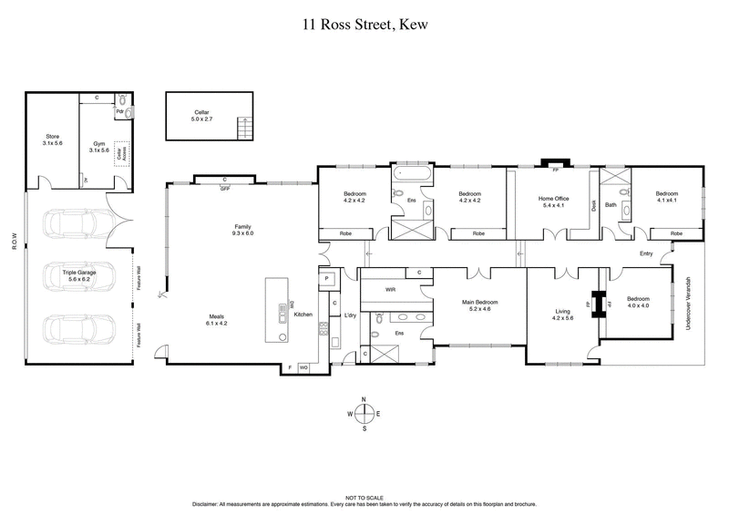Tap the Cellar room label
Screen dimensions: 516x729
[x=189, y=115]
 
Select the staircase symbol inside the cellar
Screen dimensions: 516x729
[x=241, y=129]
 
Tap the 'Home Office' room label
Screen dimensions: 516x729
[x=553, y=201]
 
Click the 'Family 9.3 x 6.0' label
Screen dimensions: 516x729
[x=241, y=230]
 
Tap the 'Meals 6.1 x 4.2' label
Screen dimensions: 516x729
[x=217, y=321]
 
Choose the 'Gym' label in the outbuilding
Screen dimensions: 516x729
[x=99, y=147]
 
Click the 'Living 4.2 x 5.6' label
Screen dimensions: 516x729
[x=562, y=315]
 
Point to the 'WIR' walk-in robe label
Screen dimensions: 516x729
[x=390, y=289]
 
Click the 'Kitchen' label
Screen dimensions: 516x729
[x=303, y=315]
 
